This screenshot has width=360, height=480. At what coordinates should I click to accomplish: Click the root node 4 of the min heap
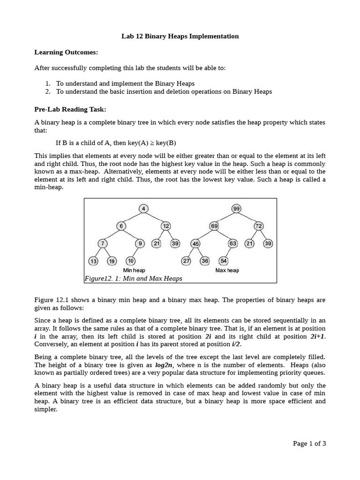click(x=143, y=209)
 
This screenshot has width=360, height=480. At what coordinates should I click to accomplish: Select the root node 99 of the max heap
click(x=236, y=209)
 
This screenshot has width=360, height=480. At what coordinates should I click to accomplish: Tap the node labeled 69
click(x=214, y=226)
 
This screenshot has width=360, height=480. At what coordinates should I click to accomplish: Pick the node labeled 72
click(x=259, y=226)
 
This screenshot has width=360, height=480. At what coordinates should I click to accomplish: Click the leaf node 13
click(x=93, y=261)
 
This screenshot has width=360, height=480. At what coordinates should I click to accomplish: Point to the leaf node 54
click(x=224, y=261)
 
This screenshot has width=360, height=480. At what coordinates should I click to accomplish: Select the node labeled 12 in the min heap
click(x=166, y=226)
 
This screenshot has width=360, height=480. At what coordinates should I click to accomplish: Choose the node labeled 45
click(x=195, y=244)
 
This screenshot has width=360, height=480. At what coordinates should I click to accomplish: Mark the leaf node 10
click(x=131, y=261)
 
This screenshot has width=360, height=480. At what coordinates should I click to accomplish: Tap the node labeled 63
click(x=233, y=244)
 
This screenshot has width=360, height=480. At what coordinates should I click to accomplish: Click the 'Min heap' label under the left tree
click(x=134, y=270)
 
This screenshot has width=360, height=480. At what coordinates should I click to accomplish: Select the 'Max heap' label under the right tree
click(x=227, y=270)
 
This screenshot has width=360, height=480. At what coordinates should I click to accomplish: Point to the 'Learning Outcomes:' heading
click(x=66, y=52)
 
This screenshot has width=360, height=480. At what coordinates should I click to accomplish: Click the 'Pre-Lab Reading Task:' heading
click(x=70, y=109)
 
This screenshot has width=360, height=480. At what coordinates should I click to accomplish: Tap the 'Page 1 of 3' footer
click(x=309, y=443)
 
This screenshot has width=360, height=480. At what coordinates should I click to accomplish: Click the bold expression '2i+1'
click(x=317, y=337)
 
